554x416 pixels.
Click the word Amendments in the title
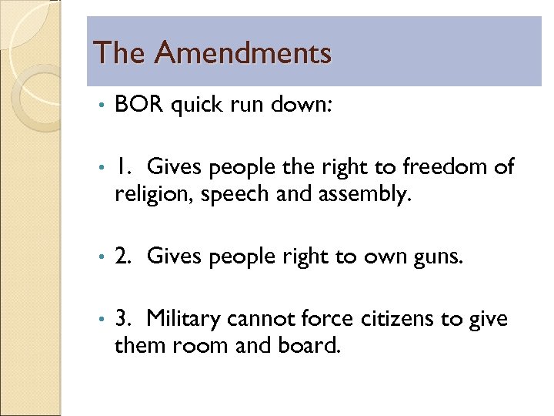(242, 52)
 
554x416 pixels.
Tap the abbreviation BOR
(138, 105)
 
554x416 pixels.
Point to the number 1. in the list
(125, 166)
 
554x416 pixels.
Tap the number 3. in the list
(125, 317)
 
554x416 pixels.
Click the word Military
(189, 317)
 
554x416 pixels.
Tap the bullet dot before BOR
(100, 106)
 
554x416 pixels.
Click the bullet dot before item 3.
(100, 317)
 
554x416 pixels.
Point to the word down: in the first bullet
(303, 105)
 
